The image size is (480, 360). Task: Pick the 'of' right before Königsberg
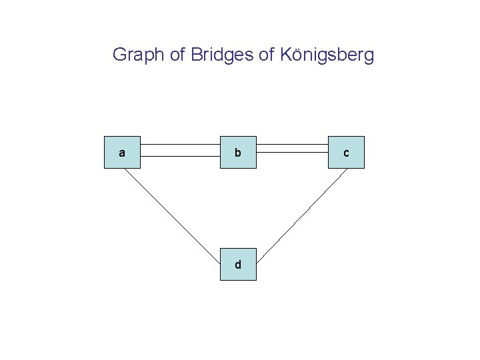[x=265, y=55]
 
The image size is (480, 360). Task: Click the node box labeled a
[x=122, y=153]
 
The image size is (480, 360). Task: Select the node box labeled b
[x=238, y=153]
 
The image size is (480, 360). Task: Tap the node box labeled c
[x=346, y=153]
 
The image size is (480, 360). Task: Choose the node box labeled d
[x=238, y=265]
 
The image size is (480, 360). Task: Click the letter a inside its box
[x=121, y=153]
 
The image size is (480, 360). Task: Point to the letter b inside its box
[x=238, y=153]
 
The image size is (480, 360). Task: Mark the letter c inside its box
[x=346, y=153]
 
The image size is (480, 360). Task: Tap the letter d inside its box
[x=238, y=265]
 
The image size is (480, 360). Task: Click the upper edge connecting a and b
[x=181, y=144]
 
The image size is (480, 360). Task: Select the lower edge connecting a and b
[x=181, y=157]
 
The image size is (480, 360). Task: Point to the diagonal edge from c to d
[x=303, y=213]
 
